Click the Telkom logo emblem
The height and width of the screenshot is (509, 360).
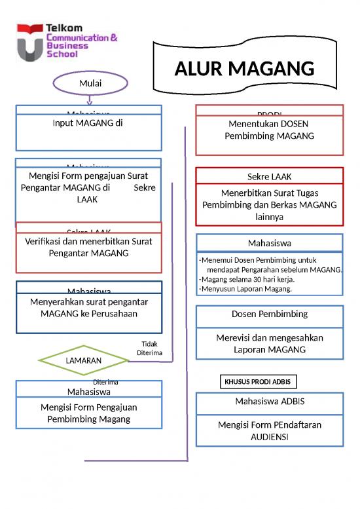coord(29,43)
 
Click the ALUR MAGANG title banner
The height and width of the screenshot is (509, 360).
coord(244,69)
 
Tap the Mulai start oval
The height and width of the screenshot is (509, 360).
coord(90,83)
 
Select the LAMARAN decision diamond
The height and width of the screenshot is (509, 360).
coord(83,360)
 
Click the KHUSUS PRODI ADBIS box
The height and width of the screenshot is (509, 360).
coord(257,381)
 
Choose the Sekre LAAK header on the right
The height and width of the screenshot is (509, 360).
coord(269,177)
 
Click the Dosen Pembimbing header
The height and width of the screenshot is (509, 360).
coord(269,314)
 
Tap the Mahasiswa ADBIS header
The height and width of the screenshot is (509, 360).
coord(269,401)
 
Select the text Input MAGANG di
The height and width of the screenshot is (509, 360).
coord(88,123)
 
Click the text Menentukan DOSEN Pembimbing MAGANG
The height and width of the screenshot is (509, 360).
coord(269,130)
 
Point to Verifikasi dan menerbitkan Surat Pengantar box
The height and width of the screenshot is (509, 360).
coord(88,247)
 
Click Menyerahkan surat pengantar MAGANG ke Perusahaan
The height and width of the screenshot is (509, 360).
coord(88,308)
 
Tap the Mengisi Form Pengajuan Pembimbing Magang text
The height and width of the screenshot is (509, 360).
coord(88,413)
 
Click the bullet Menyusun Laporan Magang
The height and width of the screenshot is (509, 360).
coord(246,289)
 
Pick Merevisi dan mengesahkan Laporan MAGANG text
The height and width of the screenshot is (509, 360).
coord(269,344)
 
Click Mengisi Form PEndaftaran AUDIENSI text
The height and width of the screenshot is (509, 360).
coord(269,431)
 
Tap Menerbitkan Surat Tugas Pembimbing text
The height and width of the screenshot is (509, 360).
coord(269,205)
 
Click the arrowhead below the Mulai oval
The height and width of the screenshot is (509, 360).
coord(90,102)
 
